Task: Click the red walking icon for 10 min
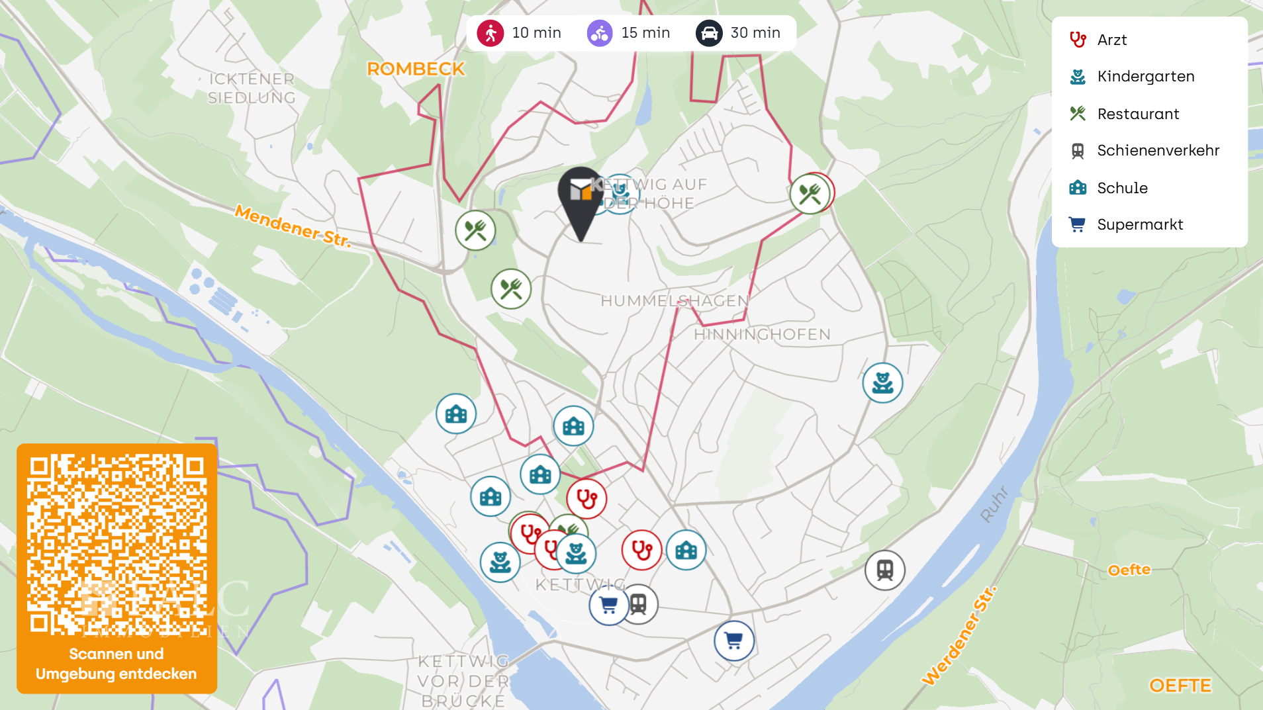[x=491, y=33]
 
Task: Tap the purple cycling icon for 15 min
[x=600, y=33]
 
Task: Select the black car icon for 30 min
[x=709, y=33]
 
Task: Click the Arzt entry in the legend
[x=1111, y=40]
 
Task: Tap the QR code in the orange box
[x=117, y=544]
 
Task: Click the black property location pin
[x=581, y=199]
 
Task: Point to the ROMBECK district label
[x=416, y=69]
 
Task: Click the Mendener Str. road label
[x=293, y=226]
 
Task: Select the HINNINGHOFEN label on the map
[x=762, y=334]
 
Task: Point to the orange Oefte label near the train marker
[x=1129, y=570]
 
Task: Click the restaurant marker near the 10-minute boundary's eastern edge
[x=810, y=194]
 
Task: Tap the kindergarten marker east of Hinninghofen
[x=882, y=382]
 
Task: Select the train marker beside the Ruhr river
[x=884, y=570]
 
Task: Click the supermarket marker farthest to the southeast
[x=733, y=641]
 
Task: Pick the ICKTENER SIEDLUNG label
[x=252, y=88]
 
